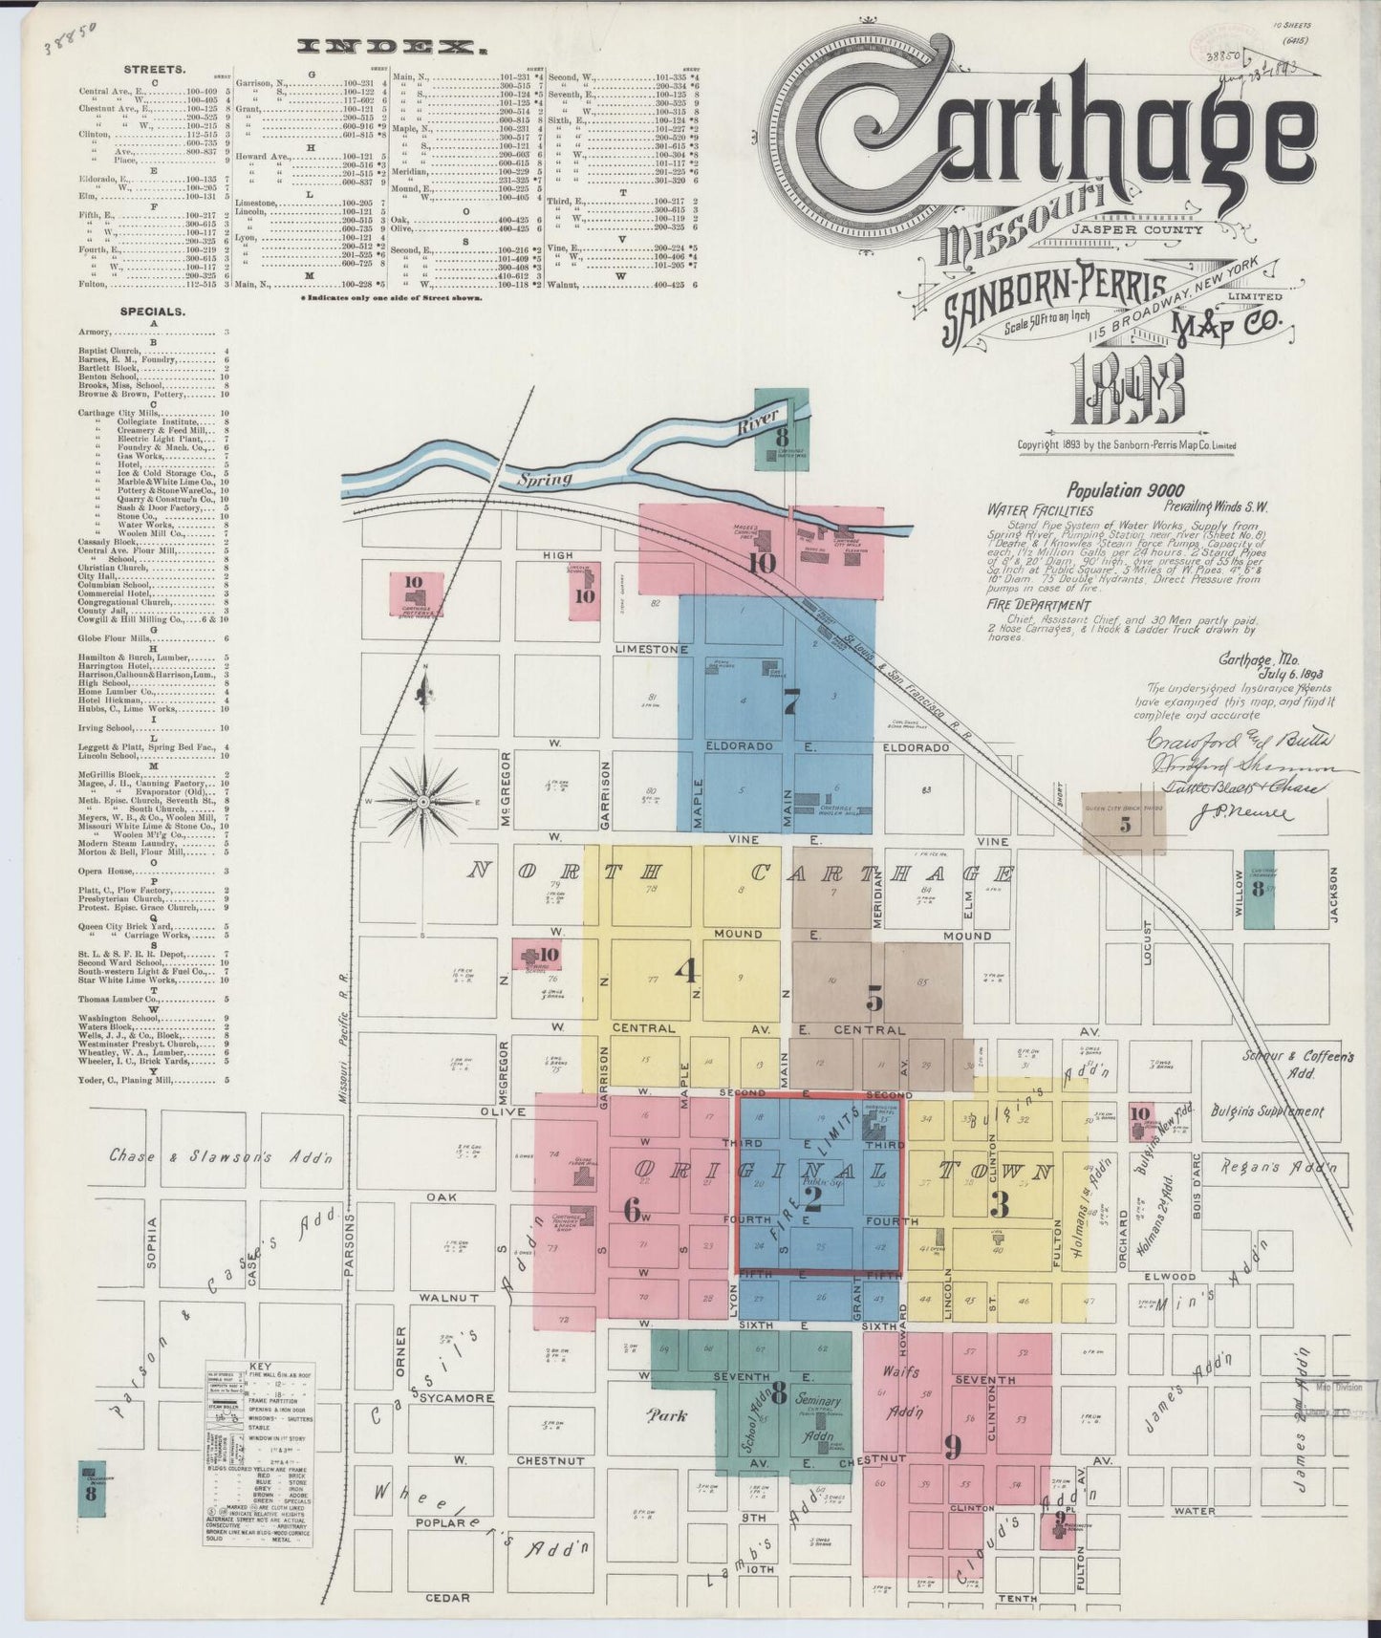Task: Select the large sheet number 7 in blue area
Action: click(789, 702)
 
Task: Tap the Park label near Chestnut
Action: click(667, 1415)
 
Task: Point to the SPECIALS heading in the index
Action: click(153, 312)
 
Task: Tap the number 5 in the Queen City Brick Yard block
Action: click(1125, 823)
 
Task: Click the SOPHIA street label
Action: click(151, 1242)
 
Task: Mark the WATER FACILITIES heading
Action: click(1041, 511)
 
